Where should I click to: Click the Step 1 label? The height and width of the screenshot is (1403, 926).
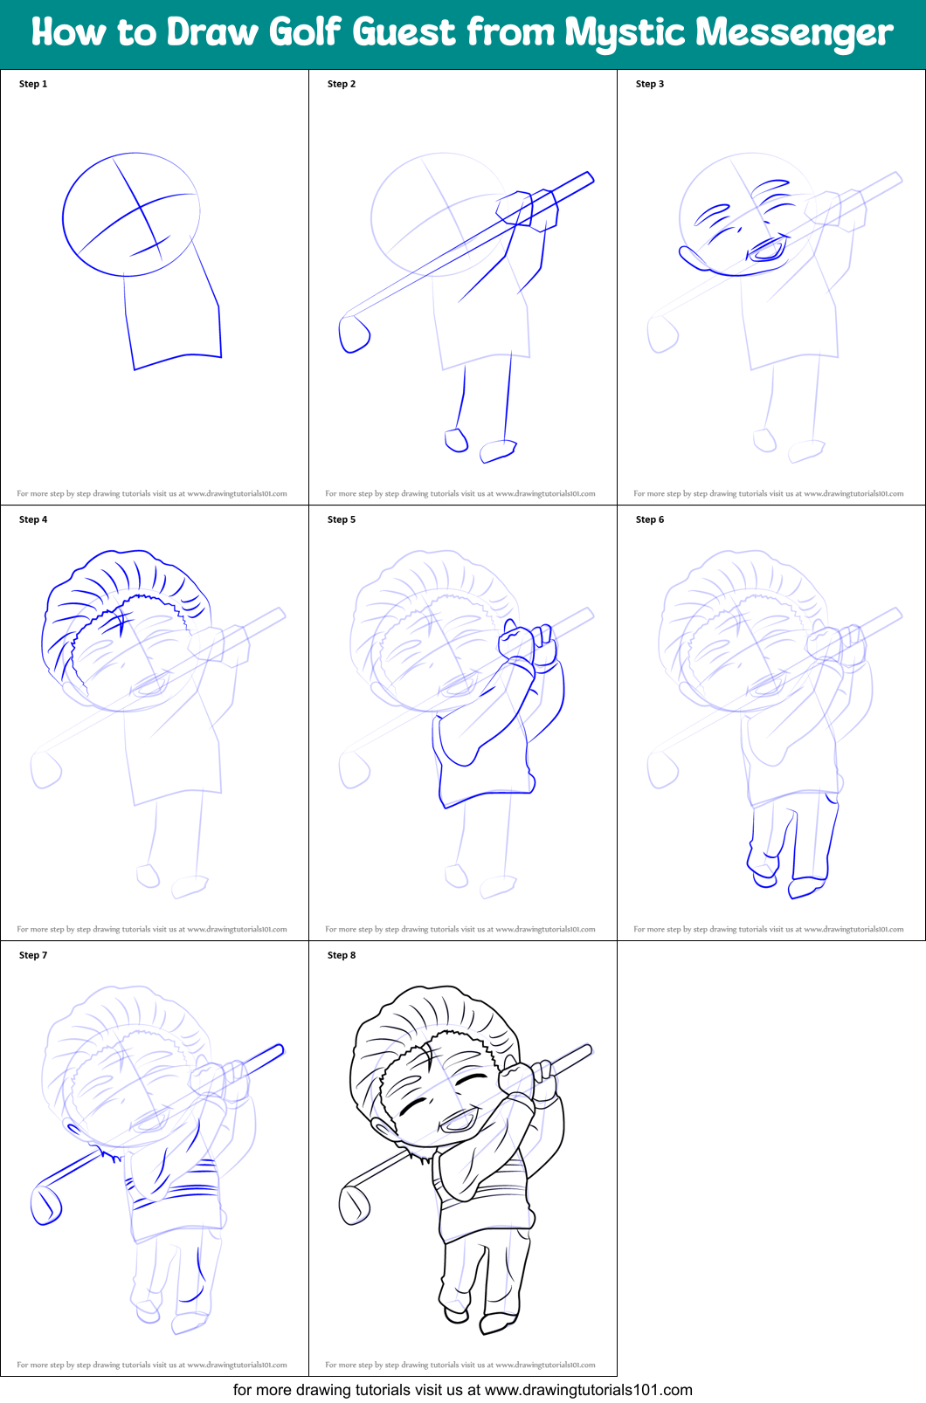point(33,84)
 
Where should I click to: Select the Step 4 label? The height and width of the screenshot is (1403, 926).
point(33,519)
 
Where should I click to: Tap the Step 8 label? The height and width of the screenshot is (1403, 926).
point(342,955)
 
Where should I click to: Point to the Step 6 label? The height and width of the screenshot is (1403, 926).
point(650,519)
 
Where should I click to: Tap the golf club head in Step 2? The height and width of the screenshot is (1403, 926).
point(354,334)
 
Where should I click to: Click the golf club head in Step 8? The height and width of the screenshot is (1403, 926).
point(354,1204)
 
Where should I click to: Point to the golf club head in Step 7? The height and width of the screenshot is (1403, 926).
point(45,1204)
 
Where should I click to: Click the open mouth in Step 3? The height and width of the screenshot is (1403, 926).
point(767,250)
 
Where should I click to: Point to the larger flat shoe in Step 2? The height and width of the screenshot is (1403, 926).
point(498,451)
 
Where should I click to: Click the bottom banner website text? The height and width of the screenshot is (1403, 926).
point(463,1389)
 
